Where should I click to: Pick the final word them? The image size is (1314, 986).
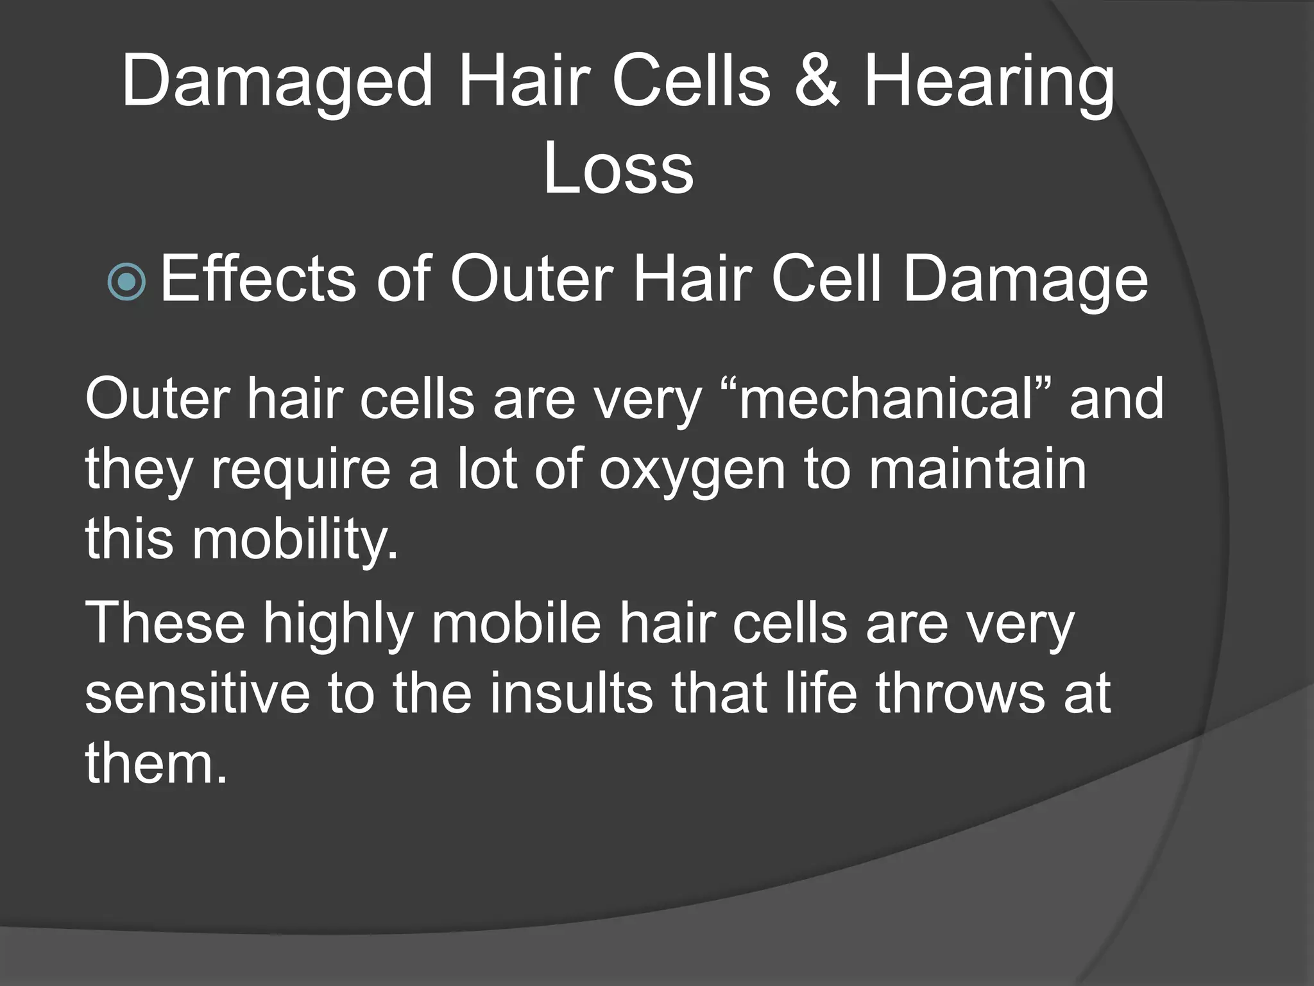point(156,764)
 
